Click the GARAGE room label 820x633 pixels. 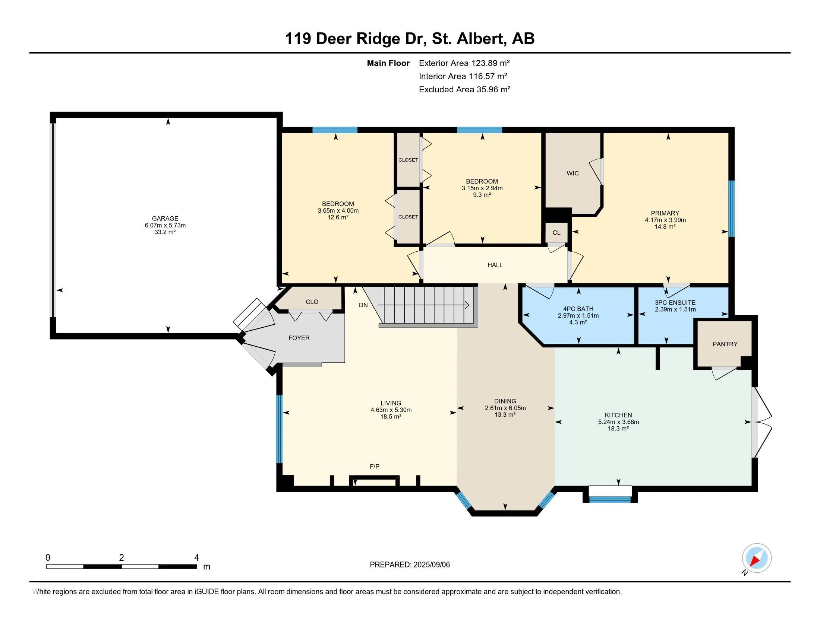[165, 218]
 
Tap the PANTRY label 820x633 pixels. [725, 344]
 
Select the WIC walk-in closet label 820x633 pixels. [573, 173]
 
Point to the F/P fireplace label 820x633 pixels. [374, 467]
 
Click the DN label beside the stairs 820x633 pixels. [363, 305]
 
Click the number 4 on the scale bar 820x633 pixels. [196, 558]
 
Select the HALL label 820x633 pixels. [495, 265]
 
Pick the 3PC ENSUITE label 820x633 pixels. [675, 303]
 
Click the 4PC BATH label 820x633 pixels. [578, 309]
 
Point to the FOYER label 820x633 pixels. [299, 338]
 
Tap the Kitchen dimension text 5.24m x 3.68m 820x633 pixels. [618, 422]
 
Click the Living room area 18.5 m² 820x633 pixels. [391, 417]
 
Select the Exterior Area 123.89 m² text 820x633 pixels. [464, 63]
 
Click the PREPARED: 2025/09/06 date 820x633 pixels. [410, 565]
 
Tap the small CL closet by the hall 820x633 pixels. [556, 233]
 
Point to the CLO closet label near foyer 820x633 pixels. [312, 302]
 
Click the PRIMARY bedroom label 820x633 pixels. [665, 213]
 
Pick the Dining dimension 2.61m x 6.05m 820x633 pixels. [505, 408]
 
